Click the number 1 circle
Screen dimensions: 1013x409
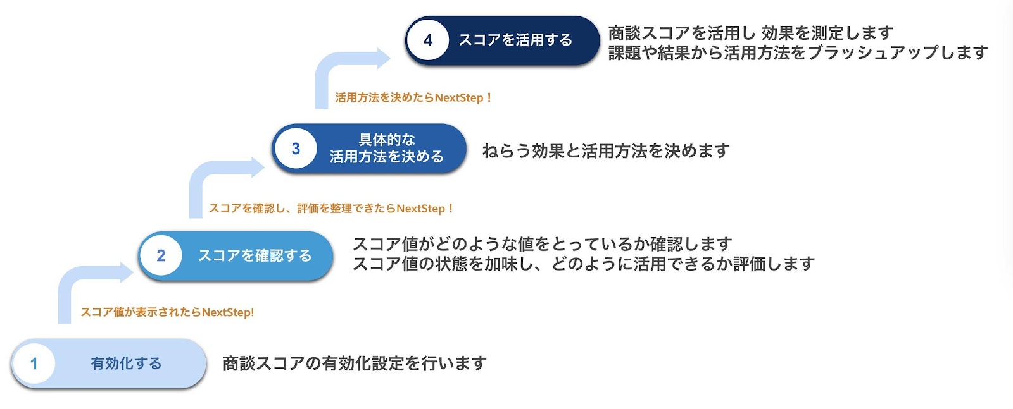click(34, 363)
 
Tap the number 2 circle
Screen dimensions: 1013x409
click(161, 255)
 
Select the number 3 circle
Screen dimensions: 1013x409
click(295, 149)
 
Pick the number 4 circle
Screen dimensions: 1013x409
click(428, 40)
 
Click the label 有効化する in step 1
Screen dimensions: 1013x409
click(126, 363)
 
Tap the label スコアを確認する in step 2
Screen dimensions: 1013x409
click(255, 255)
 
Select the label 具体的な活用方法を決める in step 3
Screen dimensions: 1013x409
click(386, 149)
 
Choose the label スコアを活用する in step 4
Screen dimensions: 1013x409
click(515, 40)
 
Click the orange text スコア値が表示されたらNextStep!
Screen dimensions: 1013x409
click(167, 312)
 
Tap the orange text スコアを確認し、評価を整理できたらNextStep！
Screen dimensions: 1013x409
click(331, 209)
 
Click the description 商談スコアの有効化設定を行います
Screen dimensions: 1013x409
click(355, 363)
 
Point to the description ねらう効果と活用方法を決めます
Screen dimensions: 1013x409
click(606, 151)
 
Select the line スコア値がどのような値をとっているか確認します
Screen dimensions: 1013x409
click(542, 244)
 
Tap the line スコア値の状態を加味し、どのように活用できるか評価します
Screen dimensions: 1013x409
click(583, 264)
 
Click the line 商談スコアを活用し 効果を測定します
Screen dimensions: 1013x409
click(750, 33)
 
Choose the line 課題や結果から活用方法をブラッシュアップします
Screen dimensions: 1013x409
click(798, 52)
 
